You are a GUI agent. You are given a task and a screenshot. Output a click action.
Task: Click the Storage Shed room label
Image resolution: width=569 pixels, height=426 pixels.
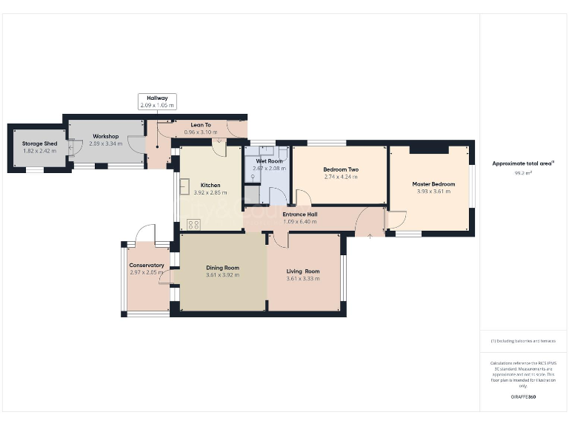point(39,143)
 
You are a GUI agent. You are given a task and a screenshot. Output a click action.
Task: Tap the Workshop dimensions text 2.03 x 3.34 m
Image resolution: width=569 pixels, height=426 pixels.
point(105,143)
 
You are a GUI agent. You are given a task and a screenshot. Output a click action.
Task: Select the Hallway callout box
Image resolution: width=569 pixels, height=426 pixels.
point(157,101)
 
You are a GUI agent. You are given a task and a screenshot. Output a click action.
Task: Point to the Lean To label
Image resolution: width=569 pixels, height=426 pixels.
point(202,125)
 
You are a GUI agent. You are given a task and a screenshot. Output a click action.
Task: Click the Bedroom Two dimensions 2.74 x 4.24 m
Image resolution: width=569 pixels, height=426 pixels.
point(340,177)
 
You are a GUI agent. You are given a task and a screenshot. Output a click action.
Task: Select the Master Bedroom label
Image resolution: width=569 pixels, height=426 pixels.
point(433,184)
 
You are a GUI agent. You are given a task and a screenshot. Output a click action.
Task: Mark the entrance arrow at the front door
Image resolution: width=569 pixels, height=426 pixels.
point(370,235)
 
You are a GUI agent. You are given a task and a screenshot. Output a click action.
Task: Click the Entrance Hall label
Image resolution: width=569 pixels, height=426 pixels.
point(300,214)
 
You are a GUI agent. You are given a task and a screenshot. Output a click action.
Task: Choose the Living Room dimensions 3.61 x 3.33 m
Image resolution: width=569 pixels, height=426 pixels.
point(303,279)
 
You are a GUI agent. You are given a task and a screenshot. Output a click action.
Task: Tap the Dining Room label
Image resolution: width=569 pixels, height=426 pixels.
point(222,268)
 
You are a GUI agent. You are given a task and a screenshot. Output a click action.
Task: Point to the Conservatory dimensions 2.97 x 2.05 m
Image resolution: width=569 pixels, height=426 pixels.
point(147,272)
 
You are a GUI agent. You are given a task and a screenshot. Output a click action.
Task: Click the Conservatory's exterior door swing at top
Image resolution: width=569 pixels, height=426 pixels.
point(146,234)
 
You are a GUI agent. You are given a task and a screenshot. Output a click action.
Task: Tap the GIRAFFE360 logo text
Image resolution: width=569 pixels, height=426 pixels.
point(523,397)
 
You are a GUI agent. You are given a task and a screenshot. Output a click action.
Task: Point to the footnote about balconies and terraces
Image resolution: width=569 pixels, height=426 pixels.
point(523,341)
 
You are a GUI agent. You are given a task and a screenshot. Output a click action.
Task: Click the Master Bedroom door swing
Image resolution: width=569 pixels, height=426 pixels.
point(396,219)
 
